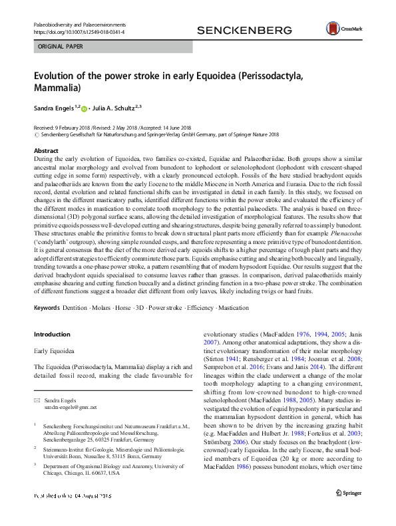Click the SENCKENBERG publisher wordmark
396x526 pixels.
click(x=244, y=31)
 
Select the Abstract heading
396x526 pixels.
click(x=45, y=151)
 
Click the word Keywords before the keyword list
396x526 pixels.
click(x=47, y=309)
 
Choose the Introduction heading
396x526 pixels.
click(x=51, y=334)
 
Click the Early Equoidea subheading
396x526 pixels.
click(x=55, y=349)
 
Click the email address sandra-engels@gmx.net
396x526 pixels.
click(x=61, y=406)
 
